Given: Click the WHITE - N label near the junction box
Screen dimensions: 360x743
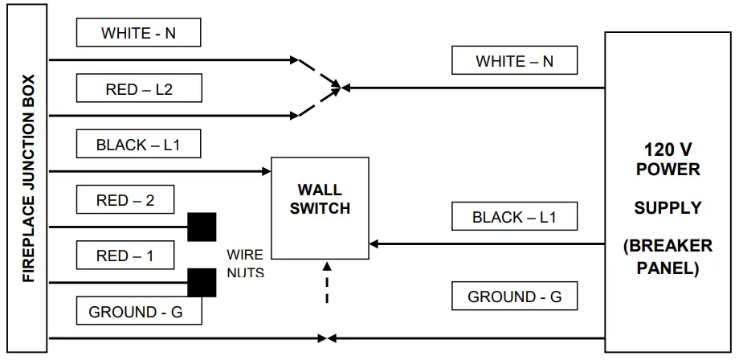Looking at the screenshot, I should pos(137,33).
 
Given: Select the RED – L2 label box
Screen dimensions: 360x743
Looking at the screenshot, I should pos(137,89).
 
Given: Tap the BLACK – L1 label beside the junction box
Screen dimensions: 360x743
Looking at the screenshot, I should pos(137,145).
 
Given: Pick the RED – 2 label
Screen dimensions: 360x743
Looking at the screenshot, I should pos(125,200).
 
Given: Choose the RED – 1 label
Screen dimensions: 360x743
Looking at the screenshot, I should pos(125,256).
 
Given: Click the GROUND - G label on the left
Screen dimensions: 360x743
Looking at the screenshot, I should pos(135,312).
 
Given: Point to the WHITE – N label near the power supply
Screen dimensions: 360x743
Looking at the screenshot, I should pos(514,60).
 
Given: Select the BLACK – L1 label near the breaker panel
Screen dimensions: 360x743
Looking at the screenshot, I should pos(514,216).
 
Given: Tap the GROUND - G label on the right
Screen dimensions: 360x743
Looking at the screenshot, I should pos(514,297).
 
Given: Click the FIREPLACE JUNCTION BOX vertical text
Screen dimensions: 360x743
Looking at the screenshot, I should pos(28,179).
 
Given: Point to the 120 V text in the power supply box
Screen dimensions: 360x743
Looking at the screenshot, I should pos(667,150).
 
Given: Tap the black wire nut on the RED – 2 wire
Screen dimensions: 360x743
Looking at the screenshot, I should pos(202,227).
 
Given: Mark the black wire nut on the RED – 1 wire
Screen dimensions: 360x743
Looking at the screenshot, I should pos(202,282).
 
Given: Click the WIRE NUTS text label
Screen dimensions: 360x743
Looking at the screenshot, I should pos(244,264).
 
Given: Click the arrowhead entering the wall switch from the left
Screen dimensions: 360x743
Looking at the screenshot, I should pos(266,171).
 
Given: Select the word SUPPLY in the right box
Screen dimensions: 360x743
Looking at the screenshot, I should pos(667,207).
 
